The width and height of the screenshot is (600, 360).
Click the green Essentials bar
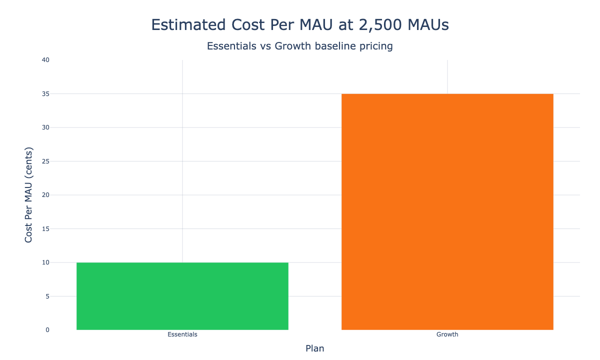(x=182, y=296)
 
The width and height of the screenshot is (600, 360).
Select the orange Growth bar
(x=447, y=211)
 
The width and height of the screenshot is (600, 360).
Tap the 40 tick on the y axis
(x=45, y=60)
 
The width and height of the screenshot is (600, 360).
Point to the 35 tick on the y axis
(x=45, y=94)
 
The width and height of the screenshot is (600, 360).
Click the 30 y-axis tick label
(x=45, y=127)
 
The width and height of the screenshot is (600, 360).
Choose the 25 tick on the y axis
(x=45, y=161)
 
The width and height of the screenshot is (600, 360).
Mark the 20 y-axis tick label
(x=45, y=195)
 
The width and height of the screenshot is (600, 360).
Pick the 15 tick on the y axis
(x=45, y=229)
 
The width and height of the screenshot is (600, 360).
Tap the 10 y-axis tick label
(x=45, y=262)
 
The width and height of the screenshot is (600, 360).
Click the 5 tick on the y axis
(x=47, y=296)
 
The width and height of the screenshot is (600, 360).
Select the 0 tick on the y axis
(x=47, y=330)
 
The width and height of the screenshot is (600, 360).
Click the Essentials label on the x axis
(x=182, y=334)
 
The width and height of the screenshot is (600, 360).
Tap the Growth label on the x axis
(x=447, y=334)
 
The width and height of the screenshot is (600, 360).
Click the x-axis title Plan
(x=315, y=348)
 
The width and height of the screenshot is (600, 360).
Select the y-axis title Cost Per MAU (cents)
(x=29, y=195)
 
